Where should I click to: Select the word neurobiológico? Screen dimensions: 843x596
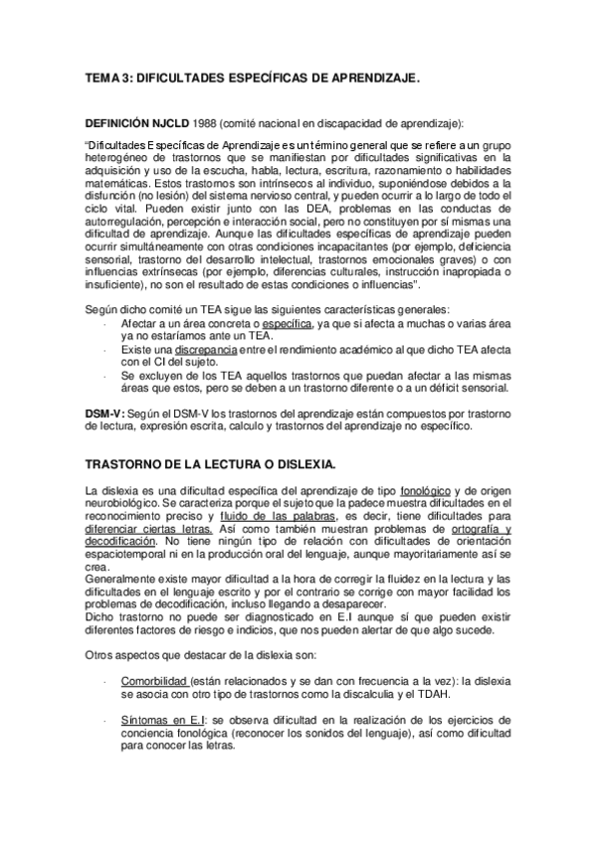pyautogui.click(x=124, y=505)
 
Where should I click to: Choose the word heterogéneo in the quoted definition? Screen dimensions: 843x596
pyautogui.click(x=121, y=156)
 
